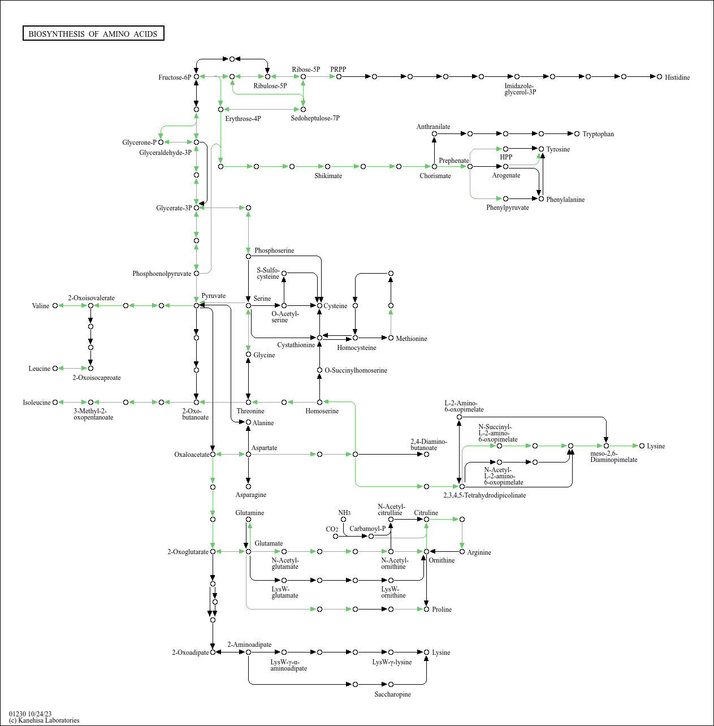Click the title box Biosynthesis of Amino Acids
93,34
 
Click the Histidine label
677,77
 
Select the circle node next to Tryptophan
577,134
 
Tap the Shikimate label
328,176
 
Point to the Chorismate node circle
434,166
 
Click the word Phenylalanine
565,200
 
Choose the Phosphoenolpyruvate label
162,274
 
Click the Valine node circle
55,306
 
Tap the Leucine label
40,369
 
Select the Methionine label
412,339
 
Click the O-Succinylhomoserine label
356,370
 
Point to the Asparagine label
251,495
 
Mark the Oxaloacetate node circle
213,454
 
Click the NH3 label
344,513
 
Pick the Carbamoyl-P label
367,529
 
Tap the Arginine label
479,552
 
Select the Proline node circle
426,609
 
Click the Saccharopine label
392,694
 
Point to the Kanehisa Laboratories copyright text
44,720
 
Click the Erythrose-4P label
243,119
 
